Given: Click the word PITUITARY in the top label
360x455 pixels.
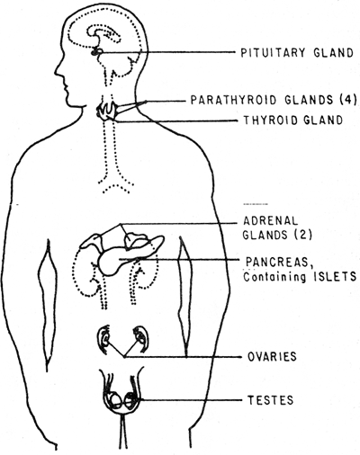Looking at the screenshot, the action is pos(273,52).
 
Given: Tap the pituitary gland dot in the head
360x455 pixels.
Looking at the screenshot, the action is pos(96,52).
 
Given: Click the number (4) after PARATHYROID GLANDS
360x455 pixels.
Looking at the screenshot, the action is pos(348,100).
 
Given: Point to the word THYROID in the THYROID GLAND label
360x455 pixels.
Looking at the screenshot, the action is pos(272,120).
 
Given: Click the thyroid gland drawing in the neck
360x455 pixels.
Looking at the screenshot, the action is pos(106,111).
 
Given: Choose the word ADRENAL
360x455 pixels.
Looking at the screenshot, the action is pos(270,221).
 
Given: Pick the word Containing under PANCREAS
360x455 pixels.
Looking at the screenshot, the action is pos(274,277).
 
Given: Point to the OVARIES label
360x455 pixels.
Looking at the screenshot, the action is pos(272,357).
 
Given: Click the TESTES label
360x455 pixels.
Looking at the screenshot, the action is pos(270,400).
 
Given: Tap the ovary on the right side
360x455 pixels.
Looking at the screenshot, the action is pos(140,337).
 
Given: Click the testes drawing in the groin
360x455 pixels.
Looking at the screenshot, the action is pos(121,402).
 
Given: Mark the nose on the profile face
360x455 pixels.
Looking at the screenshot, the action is pos(58,71).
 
